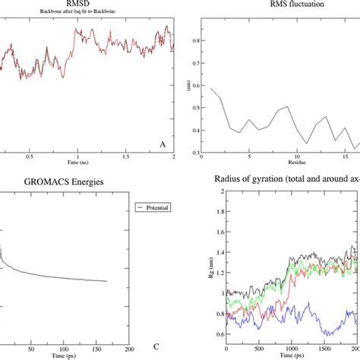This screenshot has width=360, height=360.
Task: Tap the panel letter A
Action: (x=163, y=144)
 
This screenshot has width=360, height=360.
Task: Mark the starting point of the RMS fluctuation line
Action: (x=201, y=89)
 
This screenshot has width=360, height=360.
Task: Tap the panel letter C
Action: (x=156, y=348)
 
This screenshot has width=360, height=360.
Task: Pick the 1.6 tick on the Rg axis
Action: (x=201, y=232)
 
